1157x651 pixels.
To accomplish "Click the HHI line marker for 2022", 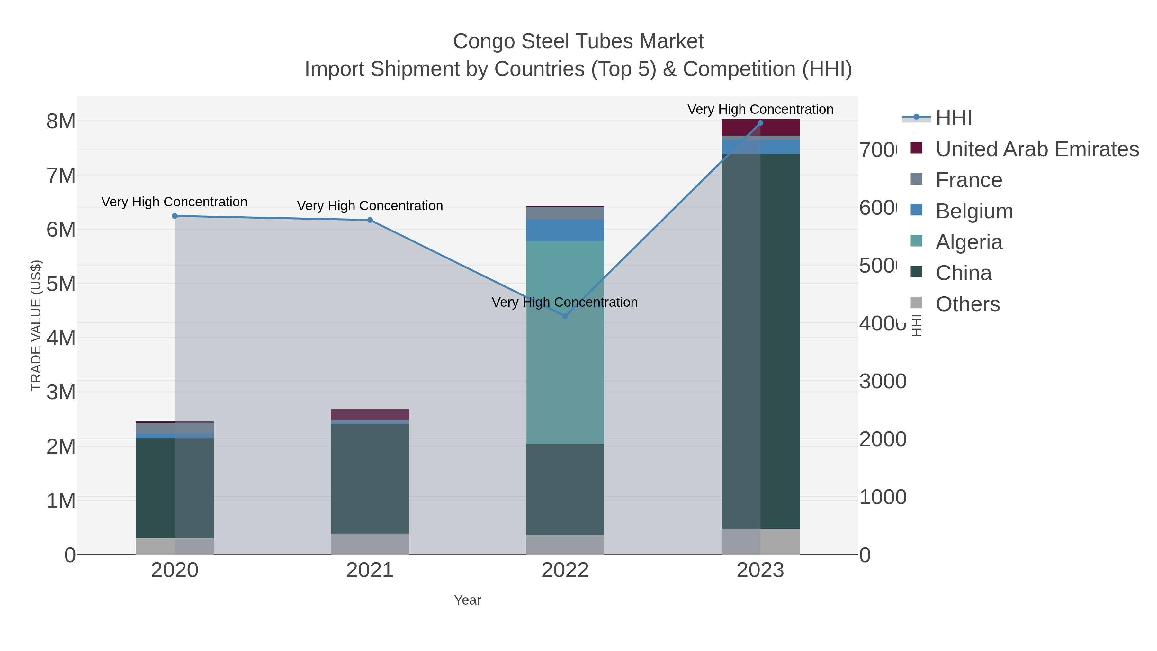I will (565, 316).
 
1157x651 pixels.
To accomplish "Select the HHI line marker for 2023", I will (760, 123).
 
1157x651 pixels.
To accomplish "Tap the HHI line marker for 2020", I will (175, 216).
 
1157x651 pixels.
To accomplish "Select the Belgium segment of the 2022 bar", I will (565, 231).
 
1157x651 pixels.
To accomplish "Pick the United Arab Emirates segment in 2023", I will (760, 128).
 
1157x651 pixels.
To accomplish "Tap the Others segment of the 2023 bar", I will (760, 541).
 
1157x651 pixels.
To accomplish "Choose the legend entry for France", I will (968, 180).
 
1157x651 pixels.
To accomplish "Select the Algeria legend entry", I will (968, 242).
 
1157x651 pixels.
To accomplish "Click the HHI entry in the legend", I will (953, 118).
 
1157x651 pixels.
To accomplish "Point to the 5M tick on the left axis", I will (61, 284).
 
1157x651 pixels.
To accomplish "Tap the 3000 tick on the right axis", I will (883, 381).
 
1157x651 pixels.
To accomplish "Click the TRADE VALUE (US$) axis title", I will (36, 325).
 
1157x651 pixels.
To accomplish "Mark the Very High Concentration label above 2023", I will (760, 109).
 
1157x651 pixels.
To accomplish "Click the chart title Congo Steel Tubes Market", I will (578, 41).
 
